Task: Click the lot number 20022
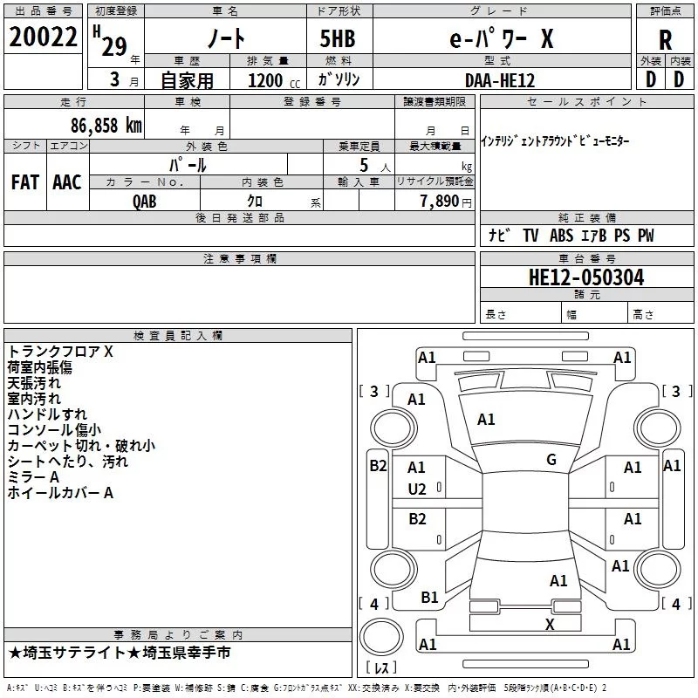(x=43, y=38)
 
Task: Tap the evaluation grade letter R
(x=665, y=40)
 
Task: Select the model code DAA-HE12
(x=500, y=79)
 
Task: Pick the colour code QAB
(x=145, y=201)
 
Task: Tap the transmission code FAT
(x=24, y=181)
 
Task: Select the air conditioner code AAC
(x=66, y=181)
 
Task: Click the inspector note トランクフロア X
(x=61, y=352)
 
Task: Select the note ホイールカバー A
(x=61, y=493)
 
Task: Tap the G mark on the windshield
(x=551, y=459)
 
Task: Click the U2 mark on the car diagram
(x=417, y=489)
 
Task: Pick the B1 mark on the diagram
(x=429, y=598)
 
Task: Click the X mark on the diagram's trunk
(x=550, y=625)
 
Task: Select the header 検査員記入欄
(x=178, y=336)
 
